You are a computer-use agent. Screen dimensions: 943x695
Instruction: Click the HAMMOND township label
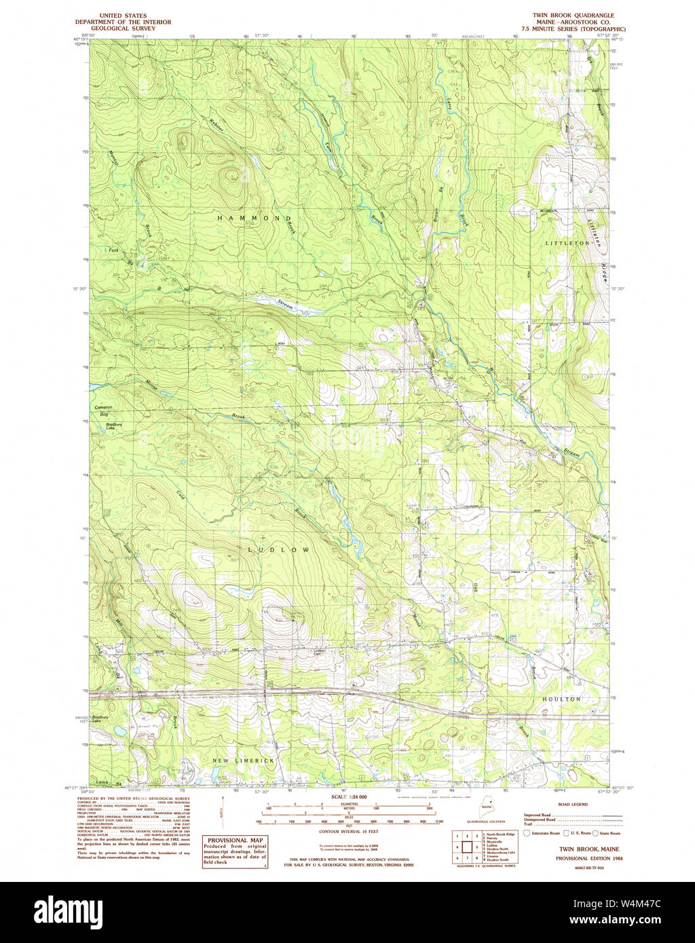254,218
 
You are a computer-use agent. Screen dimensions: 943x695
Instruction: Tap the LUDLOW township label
279,549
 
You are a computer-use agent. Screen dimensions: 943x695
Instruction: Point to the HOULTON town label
561,698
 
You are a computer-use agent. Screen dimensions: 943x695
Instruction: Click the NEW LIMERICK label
244,761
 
